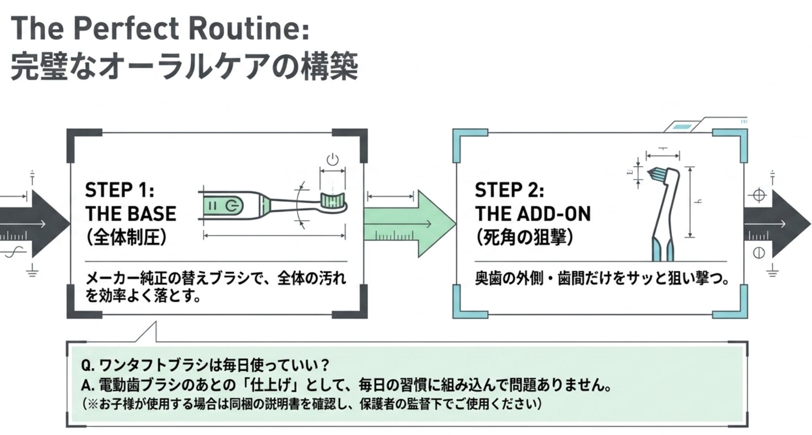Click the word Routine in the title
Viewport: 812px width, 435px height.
[249, 29]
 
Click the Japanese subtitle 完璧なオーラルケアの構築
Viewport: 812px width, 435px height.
[185, 66]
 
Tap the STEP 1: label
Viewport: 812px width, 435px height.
[120, 190]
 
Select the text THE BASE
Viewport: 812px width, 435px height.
[131, 213]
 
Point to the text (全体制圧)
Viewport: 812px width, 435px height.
[126, 238]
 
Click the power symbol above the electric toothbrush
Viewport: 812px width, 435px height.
[333, 159]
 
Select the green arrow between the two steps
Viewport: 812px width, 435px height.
[410, 224]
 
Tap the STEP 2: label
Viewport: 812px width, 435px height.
[510, 190]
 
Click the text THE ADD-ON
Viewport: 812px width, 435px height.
[532, 213]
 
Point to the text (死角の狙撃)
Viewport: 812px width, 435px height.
[525, 238]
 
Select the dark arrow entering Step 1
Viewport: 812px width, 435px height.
[35, 224]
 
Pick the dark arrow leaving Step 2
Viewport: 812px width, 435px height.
[777, 224]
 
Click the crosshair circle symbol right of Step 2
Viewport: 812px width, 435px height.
[759, 195]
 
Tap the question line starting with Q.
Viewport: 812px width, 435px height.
[205, 365]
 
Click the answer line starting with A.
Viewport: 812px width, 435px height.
[346, 385]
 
